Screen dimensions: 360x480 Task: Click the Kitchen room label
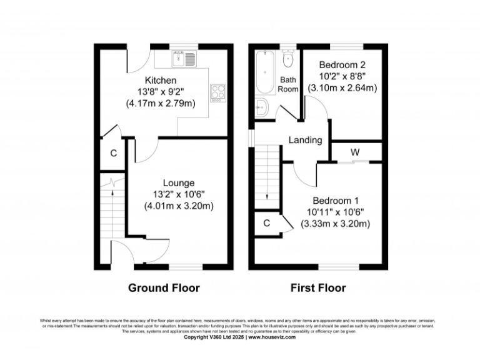tap(161, 80)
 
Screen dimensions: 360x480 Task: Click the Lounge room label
tap(178, 182)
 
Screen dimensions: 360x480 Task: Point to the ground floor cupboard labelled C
tap(113, 153)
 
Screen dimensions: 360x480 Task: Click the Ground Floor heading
tap(164, 288)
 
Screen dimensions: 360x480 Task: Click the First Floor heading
tap(317, 288)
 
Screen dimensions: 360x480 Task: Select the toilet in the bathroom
tap(287, 59)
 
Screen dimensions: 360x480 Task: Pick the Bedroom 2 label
tap(342, 65)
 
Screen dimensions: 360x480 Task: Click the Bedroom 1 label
tap(336, 201)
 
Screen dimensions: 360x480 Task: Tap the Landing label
tap(305, 140)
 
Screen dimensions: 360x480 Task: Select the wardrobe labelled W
tap(354, 151)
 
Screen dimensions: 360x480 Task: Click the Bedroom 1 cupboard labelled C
tap(266, 223)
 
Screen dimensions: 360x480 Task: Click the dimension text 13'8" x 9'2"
tap(161, 91)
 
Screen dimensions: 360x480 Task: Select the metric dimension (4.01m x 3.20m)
tap(178, 206)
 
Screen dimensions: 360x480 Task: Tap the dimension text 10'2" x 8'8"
tap(342, 76)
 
